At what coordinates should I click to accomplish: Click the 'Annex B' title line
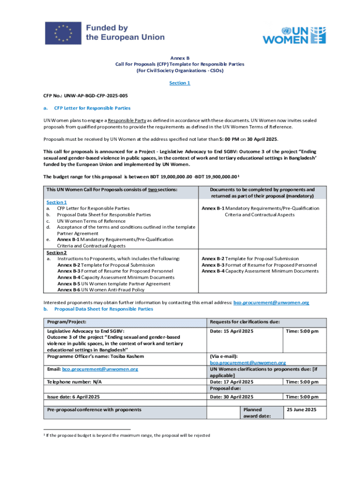(180, 58)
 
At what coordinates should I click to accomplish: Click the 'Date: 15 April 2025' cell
(232, 331)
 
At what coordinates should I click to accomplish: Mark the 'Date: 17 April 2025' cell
(232, 382)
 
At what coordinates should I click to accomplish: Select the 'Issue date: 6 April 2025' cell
(73, 397)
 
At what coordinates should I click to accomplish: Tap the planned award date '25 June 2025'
(301, 410)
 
